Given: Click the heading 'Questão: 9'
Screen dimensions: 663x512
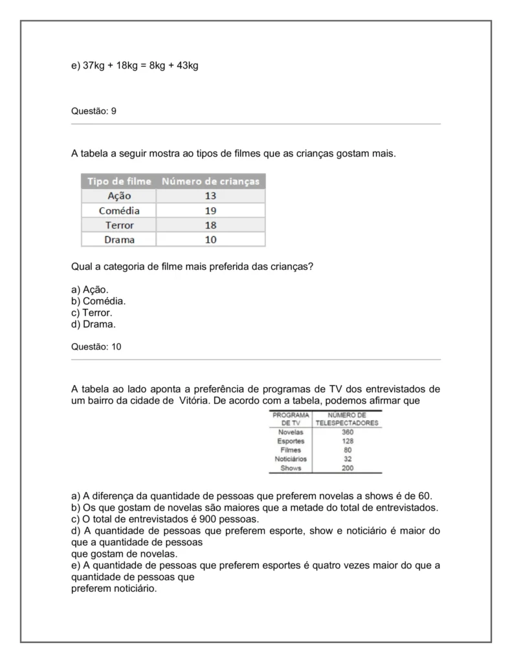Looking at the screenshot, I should [x=93, y=111].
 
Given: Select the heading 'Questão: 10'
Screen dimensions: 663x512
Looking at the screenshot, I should [x=96, y=347].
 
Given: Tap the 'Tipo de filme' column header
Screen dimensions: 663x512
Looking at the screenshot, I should [x=119, y=181].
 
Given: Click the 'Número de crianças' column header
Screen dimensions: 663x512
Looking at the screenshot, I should [x=210, y=181].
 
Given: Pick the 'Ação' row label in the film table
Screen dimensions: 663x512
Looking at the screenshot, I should [x=119, y=196].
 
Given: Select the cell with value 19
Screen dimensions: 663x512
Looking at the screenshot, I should [x=210, y=211].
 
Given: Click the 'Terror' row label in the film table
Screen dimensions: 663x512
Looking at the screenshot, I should [x=119, y=225].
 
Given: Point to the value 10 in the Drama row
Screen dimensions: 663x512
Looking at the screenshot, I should [x=210, y=240].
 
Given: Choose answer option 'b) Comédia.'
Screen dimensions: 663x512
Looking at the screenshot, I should [x=98, y=301].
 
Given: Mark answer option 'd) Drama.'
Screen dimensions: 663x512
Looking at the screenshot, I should [x=93, y=324].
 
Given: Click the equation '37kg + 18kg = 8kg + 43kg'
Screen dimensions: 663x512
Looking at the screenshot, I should [x=140, y=65].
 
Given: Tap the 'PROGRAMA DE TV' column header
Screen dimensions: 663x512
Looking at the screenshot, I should [x=291, y=418].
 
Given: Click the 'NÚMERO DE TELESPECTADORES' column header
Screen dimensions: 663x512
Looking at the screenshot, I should [x=347, y=418].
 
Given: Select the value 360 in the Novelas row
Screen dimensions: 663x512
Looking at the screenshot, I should [x=348, y=432].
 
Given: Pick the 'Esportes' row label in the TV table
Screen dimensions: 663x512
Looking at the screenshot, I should [x=291, y=441].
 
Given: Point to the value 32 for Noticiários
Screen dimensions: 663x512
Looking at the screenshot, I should [x=348, y=459].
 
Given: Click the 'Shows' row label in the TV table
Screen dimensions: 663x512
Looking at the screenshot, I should [x=291, y=468].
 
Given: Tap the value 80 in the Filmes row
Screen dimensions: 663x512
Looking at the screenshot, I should [x=348, y=450].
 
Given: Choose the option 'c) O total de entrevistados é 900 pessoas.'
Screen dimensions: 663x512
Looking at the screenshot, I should [x=164, y=519].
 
